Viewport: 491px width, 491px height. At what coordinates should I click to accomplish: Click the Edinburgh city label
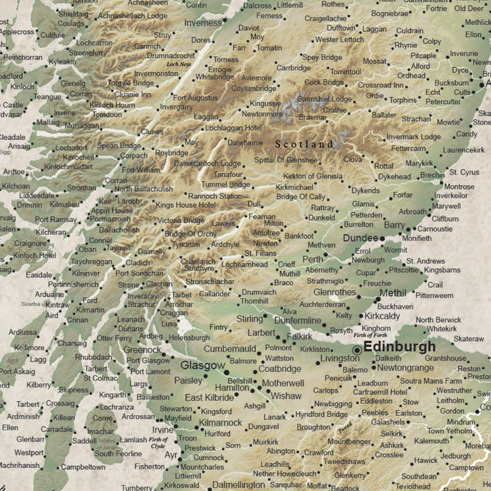399,347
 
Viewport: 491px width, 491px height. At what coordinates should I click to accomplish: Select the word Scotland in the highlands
304,143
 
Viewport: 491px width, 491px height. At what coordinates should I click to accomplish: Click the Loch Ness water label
179,64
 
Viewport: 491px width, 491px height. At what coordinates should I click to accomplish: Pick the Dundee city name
361,238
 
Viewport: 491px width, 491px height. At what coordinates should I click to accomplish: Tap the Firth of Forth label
380,335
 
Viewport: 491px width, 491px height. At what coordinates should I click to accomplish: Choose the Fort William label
141,170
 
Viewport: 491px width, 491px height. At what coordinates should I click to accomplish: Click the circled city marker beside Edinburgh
357,350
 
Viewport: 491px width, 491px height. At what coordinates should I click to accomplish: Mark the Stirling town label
249,319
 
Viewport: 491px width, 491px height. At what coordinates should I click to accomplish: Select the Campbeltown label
82,467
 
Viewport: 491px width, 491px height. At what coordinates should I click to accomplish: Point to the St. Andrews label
426,261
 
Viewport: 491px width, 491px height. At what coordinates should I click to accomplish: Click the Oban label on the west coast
87,249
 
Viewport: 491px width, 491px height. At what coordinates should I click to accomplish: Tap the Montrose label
459,187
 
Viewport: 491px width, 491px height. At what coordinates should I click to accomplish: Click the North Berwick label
438,320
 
